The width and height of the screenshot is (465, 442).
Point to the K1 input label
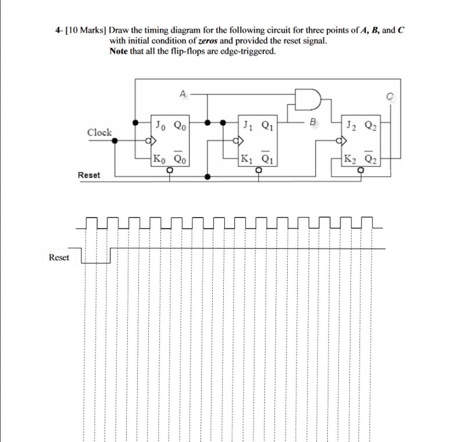coord(247,159)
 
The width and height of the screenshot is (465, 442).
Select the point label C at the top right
coord(391,97)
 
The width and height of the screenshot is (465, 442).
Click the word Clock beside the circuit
coord(99,133)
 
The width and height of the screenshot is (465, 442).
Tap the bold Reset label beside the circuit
coord(88,175)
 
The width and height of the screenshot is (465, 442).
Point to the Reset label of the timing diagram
coord(59,257)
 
